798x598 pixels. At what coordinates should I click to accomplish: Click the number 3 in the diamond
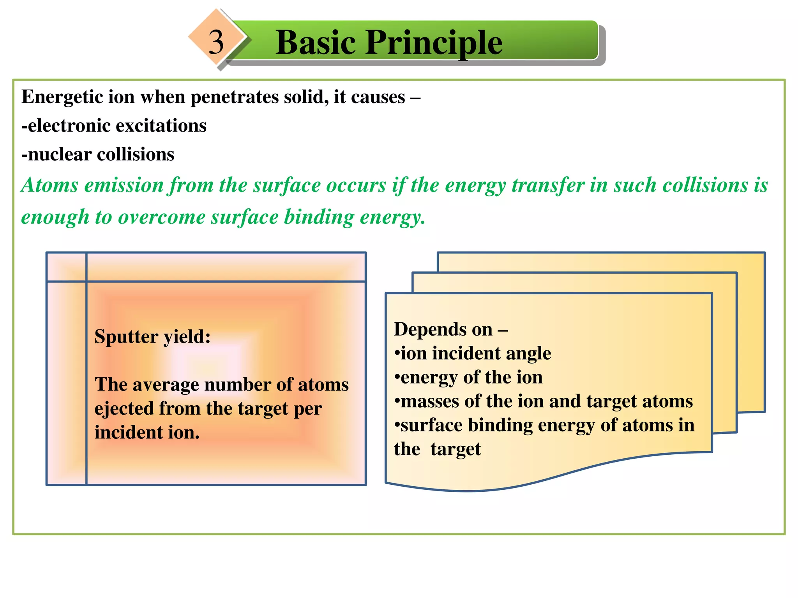(x=216, y=42)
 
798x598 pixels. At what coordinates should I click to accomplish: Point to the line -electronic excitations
(x=114, y=126)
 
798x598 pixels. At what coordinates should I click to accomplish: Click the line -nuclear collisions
(x=98, y=154)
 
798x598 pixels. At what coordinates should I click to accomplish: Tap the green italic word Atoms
(x=49, y=185)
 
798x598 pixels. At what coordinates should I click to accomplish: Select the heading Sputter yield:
(x=152, y=336)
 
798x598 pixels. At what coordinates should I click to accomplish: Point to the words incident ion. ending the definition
(x=147, y=433)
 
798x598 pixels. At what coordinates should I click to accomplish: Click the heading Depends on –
(x=450, y=329)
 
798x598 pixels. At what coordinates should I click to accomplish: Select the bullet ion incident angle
(x=473, y=354)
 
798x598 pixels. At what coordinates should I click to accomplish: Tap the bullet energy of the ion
(x=468, y=377)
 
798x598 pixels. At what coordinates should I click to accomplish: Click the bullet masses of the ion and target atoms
(x=544, y=401)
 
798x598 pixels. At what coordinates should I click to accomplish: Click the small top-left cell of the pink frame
(x=66, y=267)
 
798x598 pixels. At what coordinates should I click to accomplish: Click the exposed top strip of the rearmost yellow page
(x=600, y=262)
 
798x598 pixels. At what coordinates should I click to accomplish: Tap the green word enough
(x=55, y=218)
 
